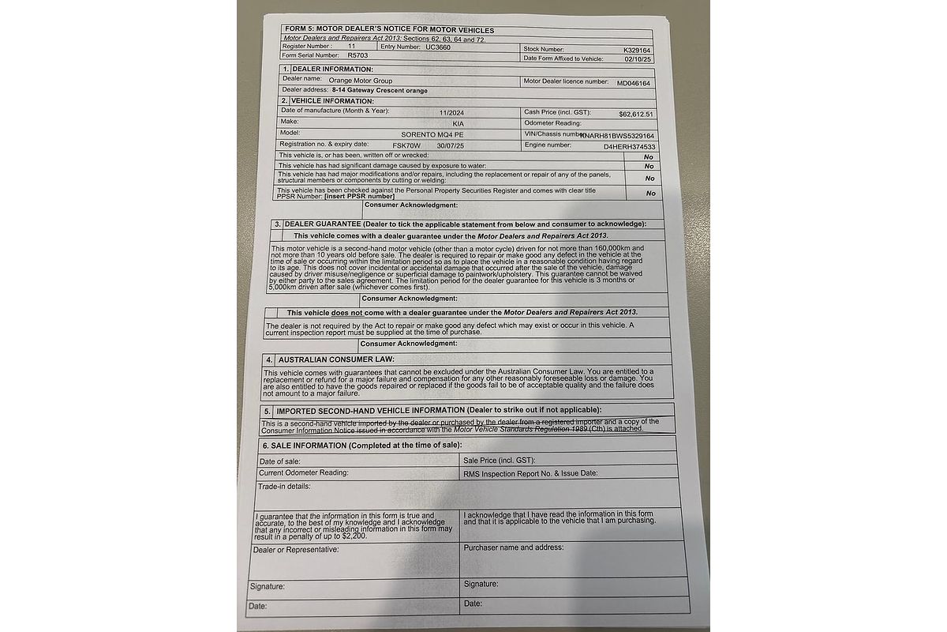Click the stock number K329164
point(636,49)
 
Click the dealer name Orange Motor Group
point(360,81)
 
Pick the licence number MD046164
point(634,82)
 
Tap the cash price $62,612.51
point(636,114)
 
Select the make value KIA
point(459,124)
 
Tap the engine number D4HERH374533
point(630,147)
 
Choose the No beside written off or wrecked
point(649,156)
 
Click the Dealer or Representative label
point(296,549)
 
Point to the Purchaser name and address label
point(514,547)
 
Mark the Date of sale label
point(279,461)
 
